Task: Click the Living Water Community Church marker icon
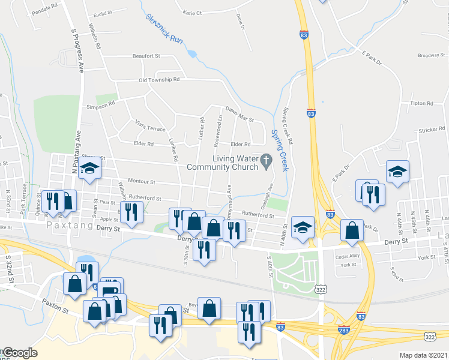tap(270, 159)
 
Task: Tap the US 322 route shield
tap(321, 290)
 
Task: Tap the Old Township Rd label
tap(159, 80)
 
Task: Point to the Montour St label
tap(142, 181)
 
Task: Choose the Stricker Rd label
tap(432, 130)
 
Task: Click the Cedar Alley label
tap(348, 256)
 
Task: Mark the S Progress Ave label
tap(76, 50)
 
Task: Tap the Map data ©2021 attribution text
tap(423, 355)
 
